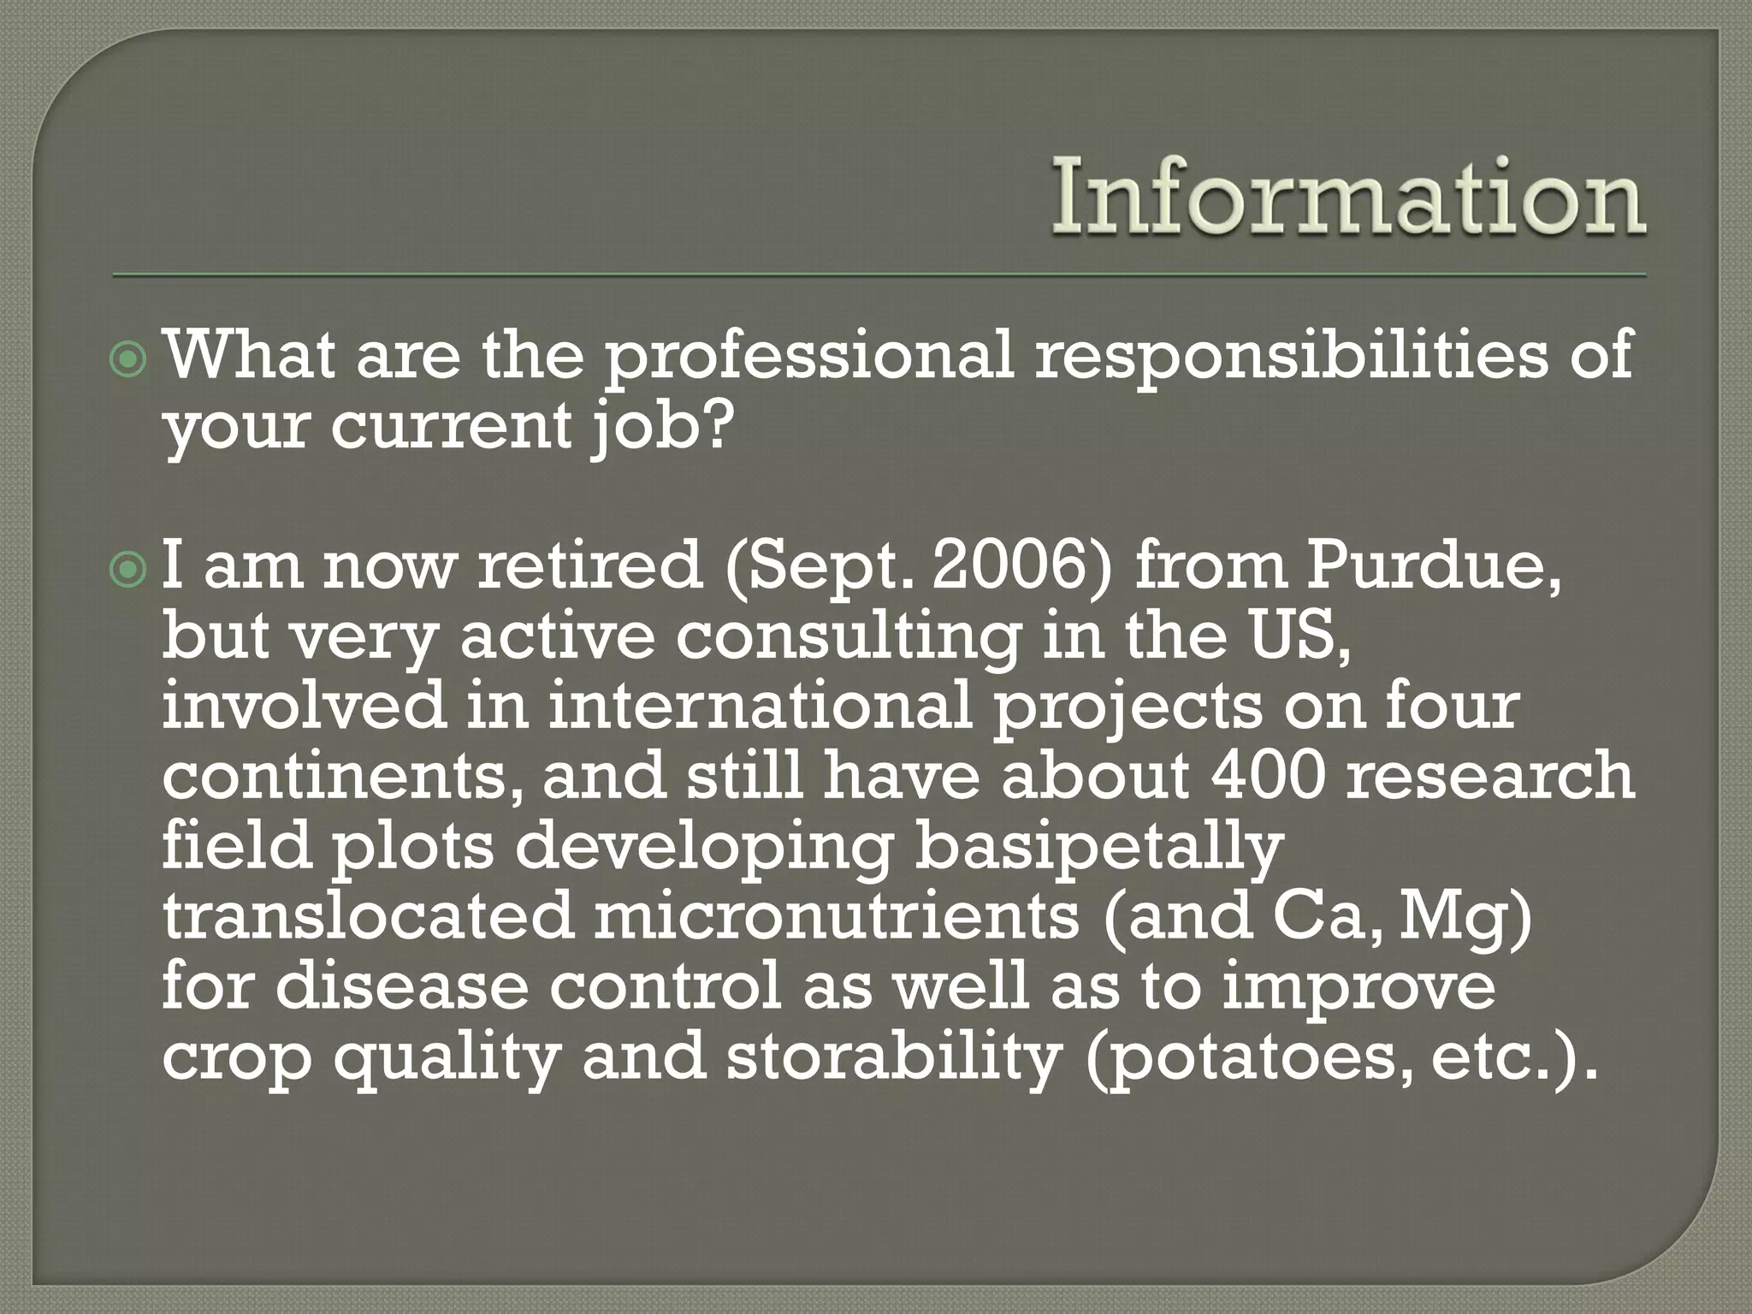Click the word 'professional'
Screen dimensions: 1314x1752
coord(808,358)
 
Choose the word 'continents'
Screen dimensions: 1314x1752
coord(342,777)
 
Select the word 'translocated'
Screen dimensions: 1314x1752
coord(367,917)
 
